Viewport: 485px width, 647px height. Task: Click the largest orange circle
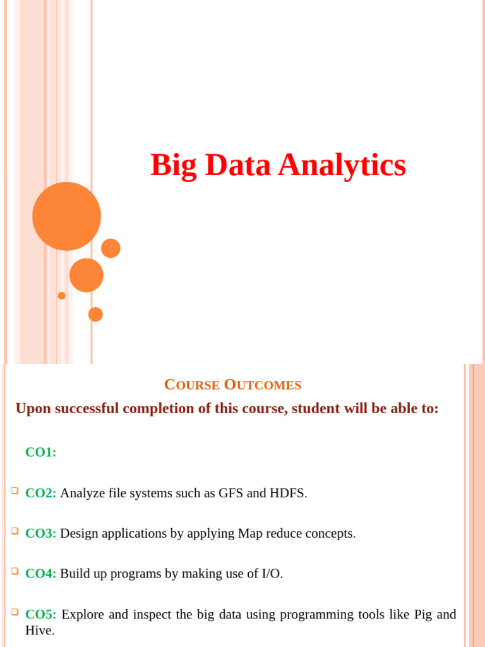pyautogui.click(x=66, y=216)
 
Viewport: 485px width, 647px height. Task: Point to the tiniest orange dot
pyautogui.click(x=61, y=296)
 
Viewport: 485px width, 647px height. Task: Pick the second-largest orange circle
pyautogui.click(x=87, y=275)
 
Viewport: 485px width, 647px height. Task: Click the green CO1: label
pyautogui.click(x=41, y=452)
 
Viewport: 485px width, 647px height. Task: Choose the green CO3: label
pyautogui.click(x=41, y=533)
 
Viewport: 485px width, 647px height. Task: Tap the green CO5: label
pyautogui.click(x=41, y=614)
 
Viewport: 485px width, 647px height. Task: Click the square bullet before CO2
pyautogui.click(x=15, y=491)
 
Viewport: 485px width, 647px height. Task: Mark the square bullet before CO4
pyautogui.click(x=15, y=571)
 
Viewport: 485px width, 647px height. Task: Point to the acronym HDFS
pyautogui.click(x=288, y=493)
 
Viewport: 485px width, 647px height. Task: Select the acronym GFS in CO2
pyautogui.click(x=231, y=493)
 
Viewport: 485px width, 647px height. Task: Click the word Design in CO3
pyautogui.click(x=80, y=533)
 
